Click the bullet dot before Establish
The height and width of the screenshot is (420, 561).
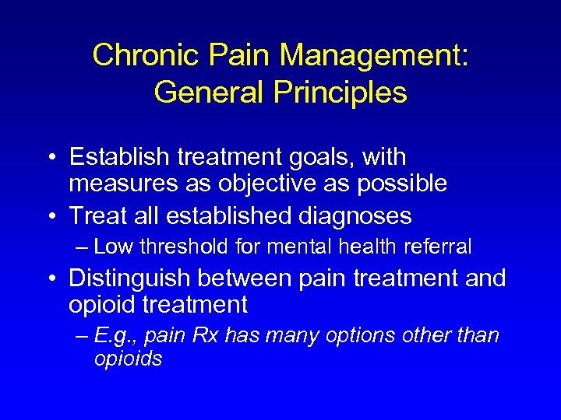(x=50, y=158)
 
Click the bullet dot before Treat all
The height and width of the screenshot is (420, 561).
(x=50, y=215)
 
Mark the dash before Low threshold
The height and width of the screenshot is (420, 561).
(x=83, y=247)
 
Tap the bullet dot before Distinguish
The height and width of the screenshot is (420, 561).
(x=50, y=278)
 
